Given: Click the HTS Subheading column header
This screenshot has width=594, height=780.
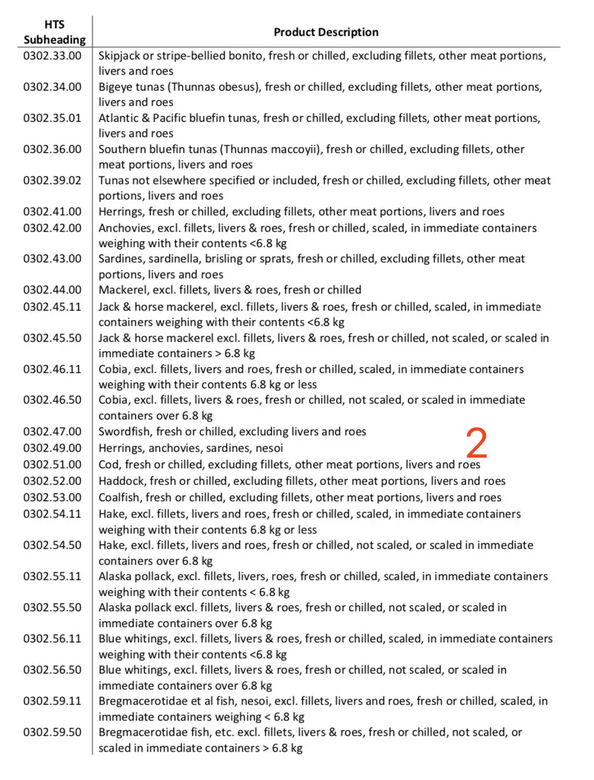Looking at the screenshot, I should pyautogui.click(x=54, y=32).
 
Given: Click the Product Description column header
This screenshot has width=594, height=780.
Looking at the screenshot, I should pyautogui.click(x=326, y=32).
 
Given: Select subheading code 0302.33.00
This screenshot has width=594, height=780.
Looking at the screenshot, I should pyautogui.click(x=52, y=56).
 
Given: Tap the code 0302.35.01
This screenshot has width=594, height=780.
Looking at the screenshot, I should pyautogui.click(x=52, y=118).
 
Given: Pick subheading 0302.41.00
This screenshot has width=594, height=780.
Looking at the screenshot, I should pyautogui.click(x=52, y=212).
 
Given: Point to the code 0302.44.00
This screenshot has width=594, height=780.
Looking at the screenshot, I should pyautogui.click(x=52, y=290).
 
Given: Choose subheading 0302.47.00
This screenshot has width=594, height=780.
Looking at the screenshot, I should pyautogui.click(x=52, y=432).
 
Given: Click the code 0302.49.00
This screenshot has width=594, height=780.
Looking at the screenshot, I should pyautogui.click(x=52, y=448).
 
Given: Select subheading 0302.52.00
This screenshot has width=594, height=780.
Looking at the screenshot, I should pyautogui.click(x=52, y=481).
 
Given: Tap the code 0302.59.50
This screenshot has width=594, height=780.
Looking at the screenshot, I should pyautogui.click(x=52, y=732).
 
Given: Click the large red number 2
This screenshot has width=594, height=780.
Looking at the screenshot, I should pyautogui.click(x=477, y=443).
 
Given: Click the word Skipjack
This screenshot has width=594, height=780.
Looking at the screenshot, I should pyautogui.click(x=119, y=56).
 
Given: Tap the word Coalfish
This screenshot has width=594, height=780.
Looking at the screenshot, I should pyautogui.click(x=119, y=498).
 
